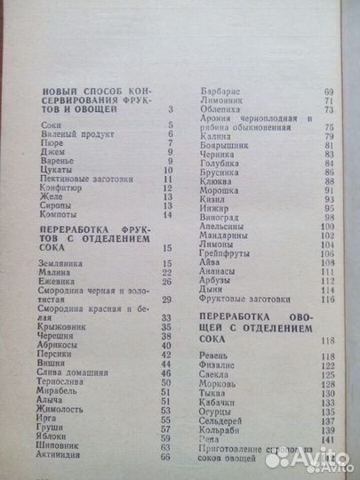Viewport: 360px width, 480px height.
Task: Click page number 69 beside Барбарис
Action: point(328,91)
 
